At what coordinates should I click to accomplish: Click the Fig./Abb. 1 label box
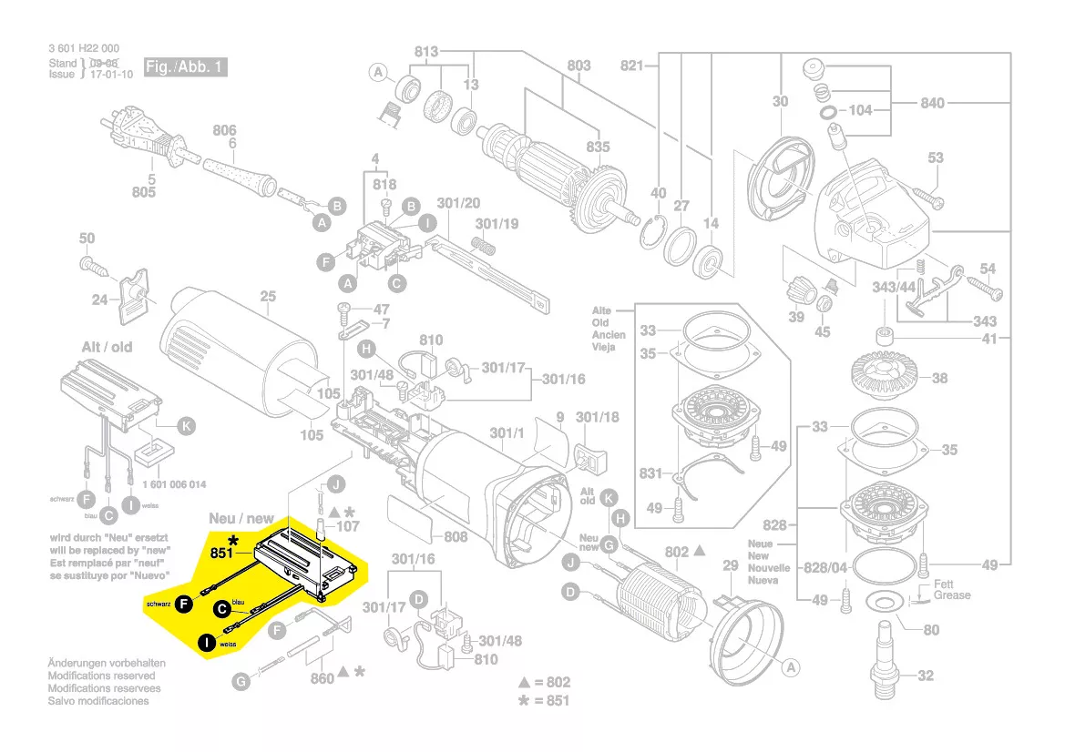tap(185, 68)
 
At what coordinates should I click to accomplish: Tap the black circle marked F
tap(184, 603)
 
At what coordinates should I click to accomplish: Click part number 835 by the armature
tap(598, 147)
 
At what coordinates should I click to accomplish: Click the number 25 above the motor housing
tap(268, 296)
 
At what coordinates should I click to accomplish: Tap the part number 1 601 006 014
tap(174, 484)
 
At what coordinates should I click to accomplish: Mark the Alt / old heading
tap(107, 347)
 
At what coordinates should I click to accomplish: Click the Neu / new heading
tap(241, 518)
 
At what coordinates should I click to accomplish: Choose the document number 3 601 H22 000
tap(84, 49)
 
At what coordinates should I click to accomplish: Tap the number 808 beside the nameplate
tap(456, 536)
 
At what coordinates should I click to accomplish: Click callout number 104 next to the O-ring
tap(860, 110)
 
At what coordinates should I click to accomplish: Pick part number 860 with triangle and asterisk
tap(322, 678)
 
